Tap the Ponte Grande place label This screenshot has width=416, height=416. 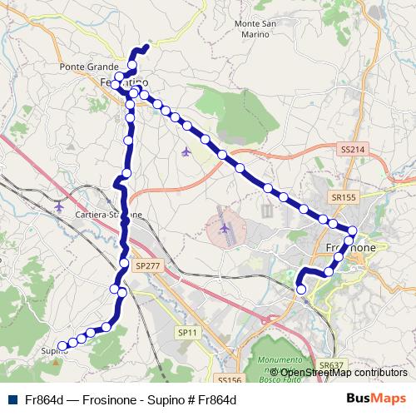pyautogui.click(x=86, y=67)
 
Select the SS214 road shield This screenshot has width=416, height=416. pyautogui.click(x=352, y=148)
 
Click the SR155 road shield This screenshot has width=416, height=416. pyautogui.click(x=344, y=197)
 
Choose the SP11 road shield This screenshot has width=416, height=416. pyautogui.click(x=188, y=331)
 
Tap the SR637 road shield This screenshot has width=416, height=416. pyautogui.click(x=330, y=364)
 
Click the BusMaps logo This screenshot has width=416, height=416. pyautogui.click(x=376, y=399)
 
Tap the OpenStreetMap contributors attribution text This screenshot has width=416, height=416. pyautogui.click(x=343, y=373)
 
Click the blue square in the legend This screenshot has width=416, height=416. pyautogui.click(x=10, y=399)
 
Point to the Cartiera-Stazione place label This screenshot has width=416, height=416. pyautogui.click(x=106, y=214)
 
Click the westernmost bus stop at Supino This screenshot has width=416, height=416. pyautogui.click(x=61, y=345)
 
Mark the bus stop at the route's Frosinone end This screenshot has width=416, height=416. pyautogui.click(x=301, y=289)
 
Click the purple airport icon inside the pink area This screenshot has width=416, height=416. pyautogui.click(x=225, y=226)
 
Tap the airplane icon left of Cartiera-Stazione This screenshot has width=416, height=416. pyautogui.click(x=58, y=205)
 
